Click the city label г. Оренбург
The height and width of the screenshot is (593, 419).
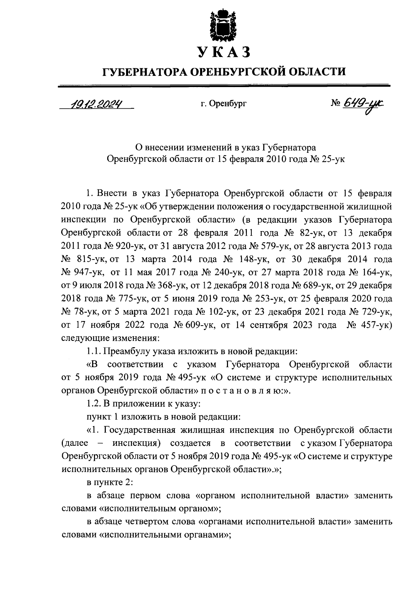pos(223,104)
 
